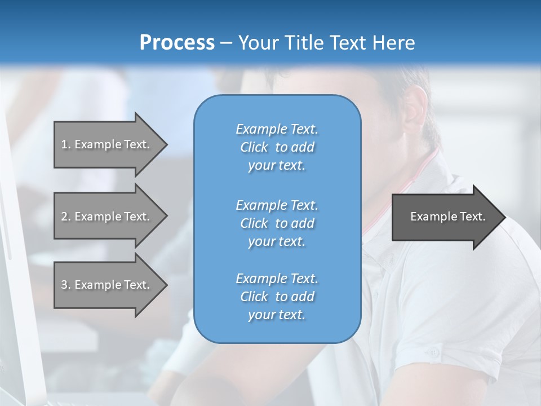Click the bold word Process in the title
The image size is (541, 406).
[177, 43]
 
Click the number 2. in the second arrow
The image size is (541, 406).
[66, 217]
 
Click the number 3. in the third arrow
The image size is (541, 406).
[66, 285]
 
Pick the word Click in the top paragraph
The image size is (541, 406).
[254, 147]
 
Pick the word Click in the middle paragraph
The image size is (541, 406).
[254, 223]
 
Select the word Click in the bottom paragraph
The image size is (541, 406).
[254, 297]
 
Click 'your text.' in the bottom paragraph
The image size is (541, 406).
[277, 315]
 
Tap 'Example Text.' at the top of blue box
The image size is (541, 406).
[277, 129]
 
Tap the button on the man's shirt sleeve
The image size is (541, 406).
[433, 352]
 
